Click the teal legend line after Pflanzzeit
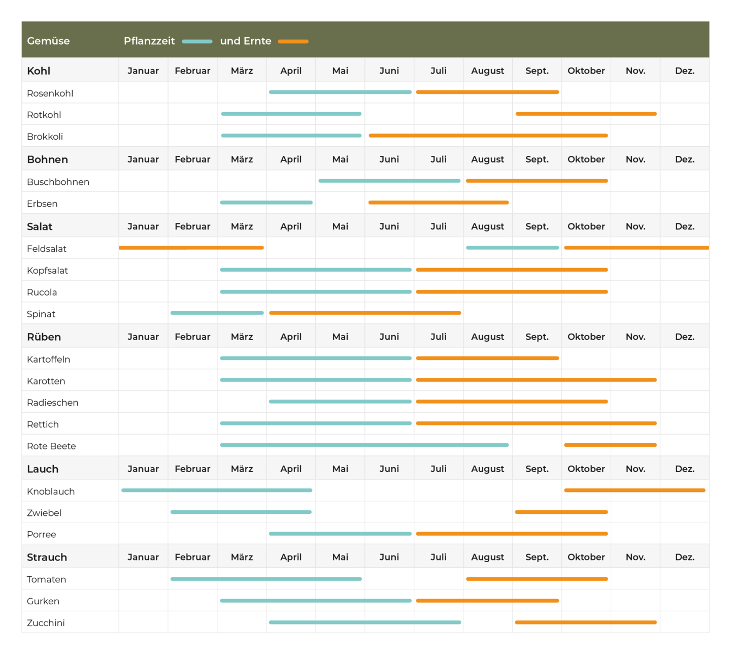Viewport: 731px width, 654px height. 197,42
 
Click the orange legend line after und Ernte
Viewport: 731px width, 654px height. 293,42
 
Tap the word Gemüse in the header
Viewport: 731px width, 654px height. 48,41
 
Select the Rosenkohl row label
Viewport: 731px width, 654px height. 50,93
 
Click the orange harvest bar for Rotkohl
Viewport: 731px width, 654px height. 586,114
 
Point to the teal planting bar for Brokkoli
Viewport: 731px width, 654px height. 291,136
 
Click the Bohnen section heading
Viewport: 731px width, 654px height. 47,159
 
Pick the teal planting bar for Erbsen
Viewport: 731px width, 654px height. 267,203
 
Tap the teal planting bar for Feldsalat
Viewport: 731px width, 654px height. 512,248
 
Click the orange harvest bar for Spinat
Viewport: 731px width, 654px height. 365,313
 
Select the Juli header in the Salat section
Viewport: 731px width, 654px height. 439,226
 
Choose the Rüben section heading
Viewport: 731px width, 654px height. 44,337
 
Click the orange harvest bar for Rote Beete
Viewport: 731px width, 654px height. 611,445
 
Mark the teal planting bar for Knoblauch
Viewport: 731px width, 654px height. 217,490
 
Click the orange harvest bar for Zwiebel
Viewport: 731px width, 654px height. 561,512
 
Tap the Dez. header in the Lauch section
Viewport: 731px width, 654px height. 685,469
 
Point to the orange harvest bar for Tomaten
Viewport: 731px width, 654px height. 537,579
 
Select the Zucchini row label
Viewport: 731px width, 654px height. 46,623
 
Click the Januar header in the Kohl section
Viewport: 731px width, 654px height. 143,71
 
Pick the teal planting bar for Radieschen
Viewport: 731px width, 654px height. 340,401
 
